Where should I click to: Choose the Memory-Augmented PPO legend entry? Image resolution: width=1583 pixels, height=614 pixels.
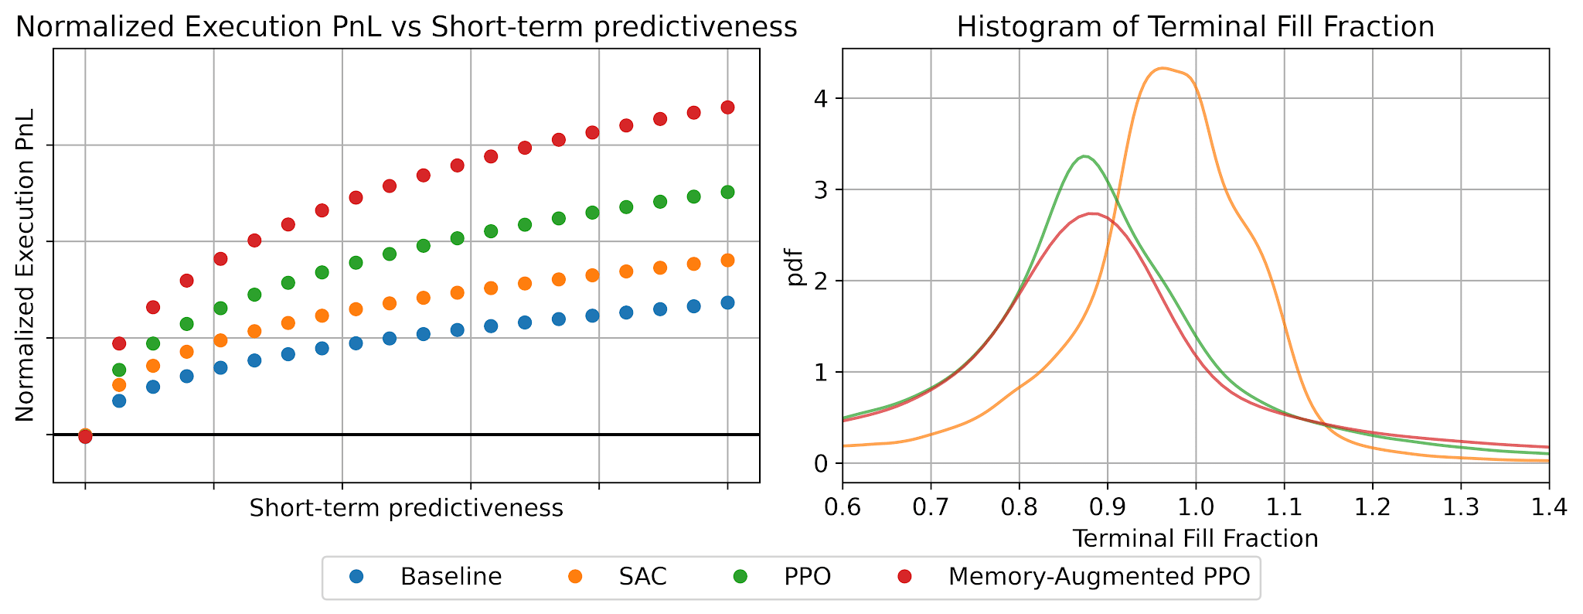click(x=1071, y=577)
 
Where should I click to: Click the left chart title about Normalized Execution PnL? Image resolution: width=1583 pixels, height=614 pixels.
click(x=407, y=28)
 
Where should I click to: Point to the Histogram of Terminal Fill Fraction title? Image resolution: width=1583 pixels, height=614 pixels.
click(x=1196, y=28)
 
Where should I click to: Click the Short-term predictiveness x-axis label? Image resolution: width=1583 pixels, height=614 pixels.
click(x=407, y=508)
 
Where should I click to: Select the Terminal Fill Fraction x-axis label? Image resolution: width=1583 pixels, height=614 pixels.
click(x=1196, y=538)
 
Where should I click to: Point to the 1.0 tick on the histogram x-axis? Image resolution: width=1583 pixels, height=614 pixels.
click(x=1196, y=508)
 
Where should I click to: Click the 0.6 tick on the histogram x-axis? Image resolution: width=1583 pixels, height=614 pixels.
click(x=843, y=508)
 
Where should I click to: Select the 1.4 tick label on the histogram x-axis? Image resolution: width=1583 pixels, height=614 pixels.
click(x=1549, y=508)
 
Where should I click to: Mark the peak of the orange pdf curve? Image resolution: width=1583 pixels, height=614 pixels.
click(x=1162, y=68)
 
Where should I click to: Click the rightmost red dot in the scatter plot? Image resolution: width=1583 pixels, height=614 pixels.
click(x=727, y=107)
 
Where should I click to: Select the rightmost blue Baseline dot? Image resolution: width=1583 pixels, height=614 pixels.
click(x=727, y=302)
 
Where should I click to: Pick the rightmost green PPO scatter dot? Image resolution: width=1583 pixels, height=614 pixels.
click(x=727, y=192)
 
